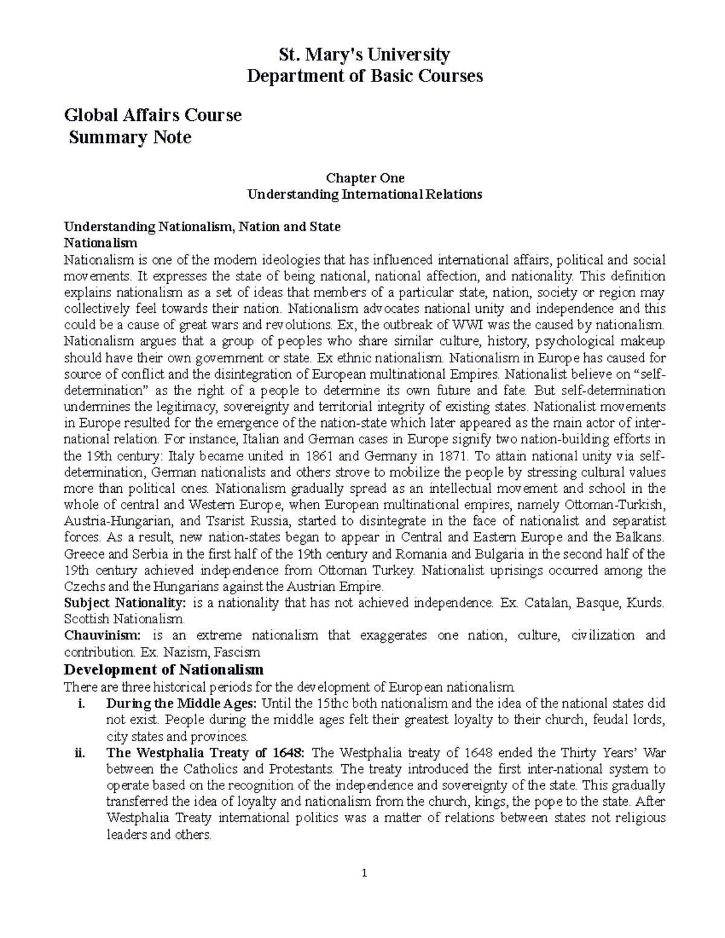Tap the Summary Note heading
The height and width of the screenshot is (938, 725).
[x=130, y=138]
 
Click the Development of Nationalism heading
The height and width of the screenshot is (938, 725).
[x=164, y=669]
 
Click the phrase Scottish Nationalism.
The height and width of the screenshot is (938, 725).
[x=124, y=619]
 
